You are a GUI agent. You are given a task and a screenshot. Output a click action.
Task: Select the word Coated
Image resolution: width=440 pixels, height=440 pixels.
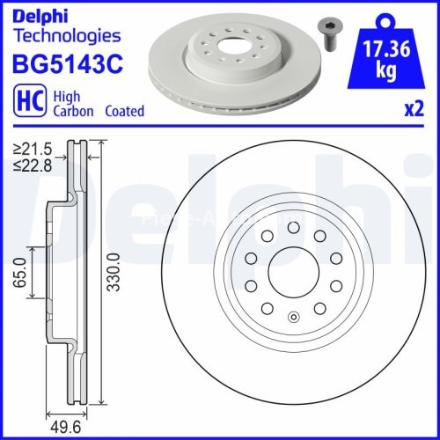click(x=124, y=112)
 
